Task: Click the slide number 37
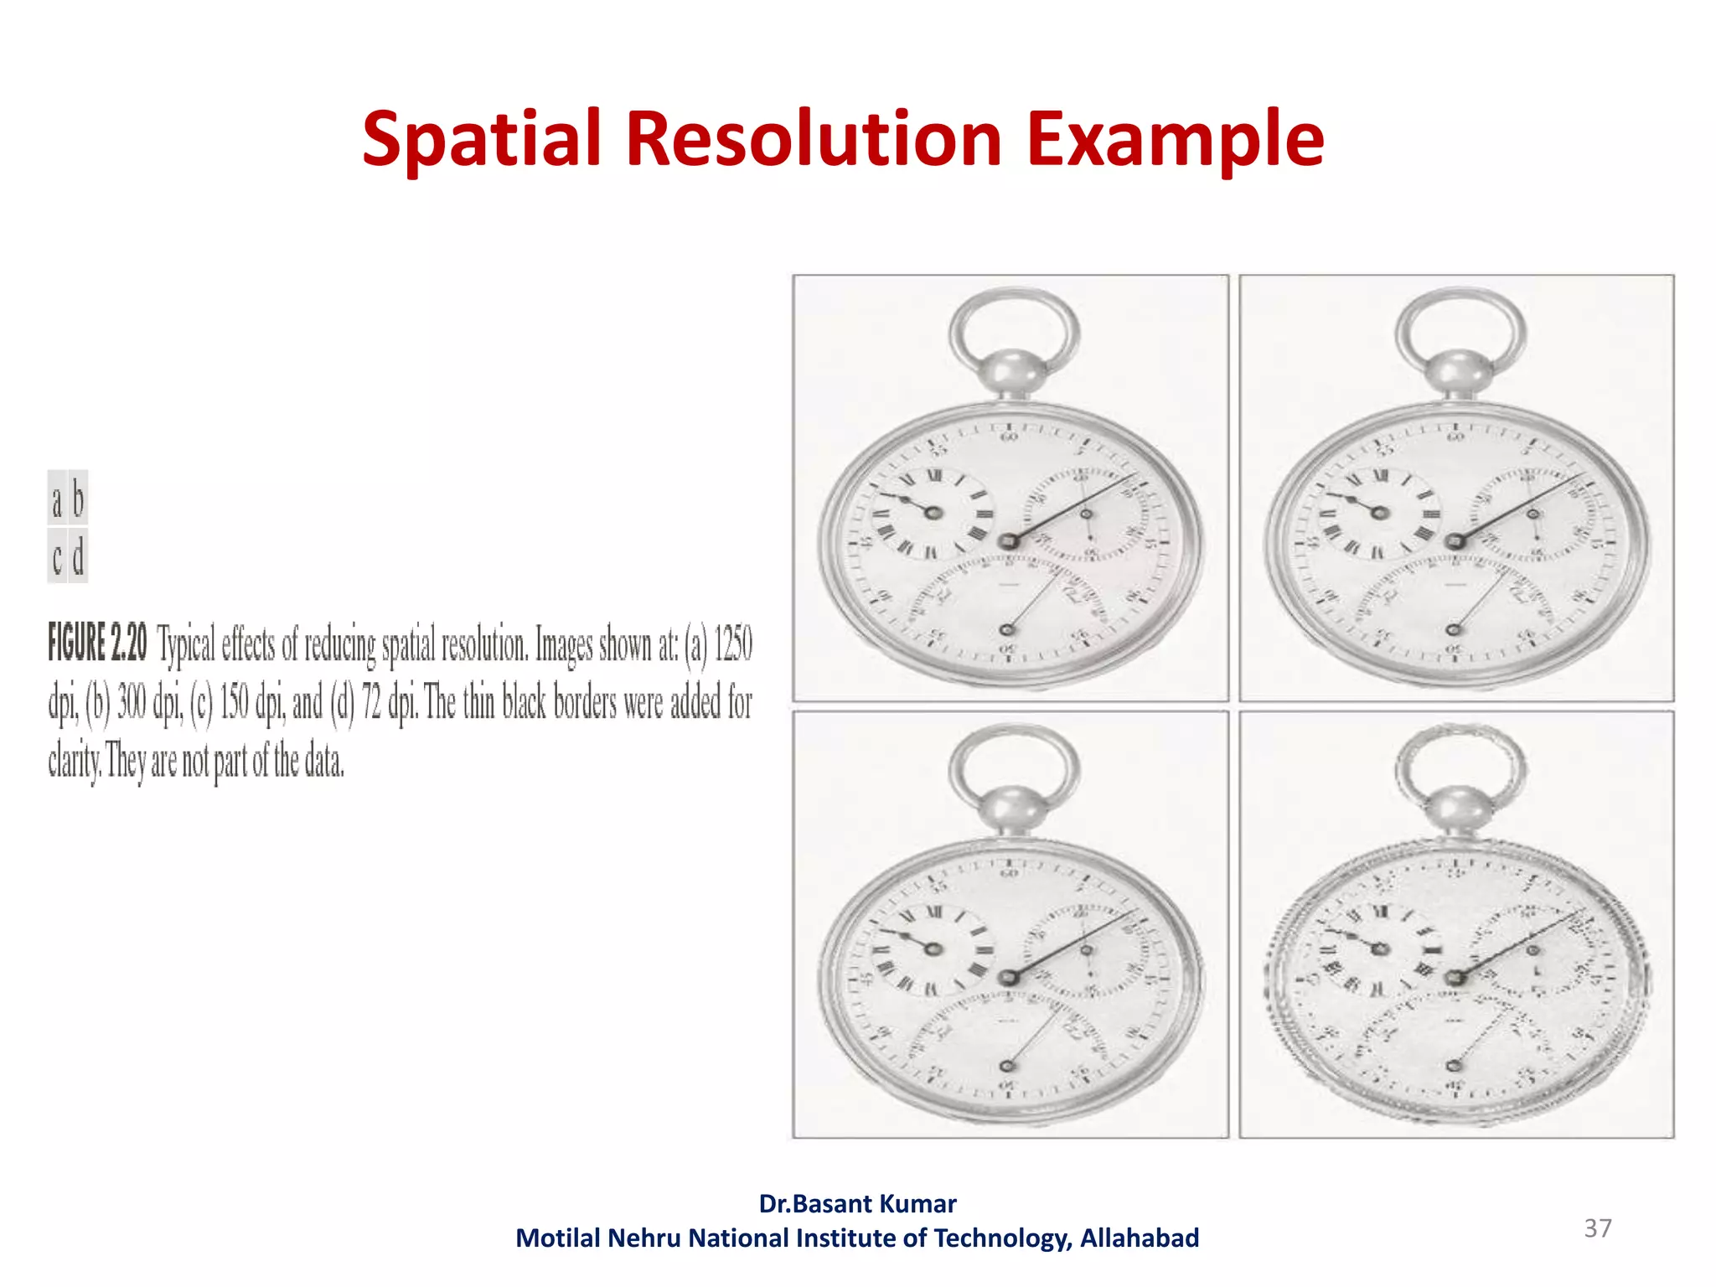[1597, 1228]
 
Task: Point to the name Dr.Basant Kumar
[857, 1204]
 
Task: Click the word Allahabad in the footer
[1139, 1238]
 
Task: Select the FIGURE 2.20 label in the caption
[97, 643]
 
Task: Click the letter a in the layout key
[57, 500]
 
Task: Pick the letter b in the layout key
[78, 500]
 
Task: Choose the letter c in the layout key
[57, 556]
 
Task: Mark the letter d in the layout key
[78, 556]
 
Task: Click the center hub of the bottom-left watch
[1009, 977]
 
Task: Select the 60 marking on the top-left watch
[1009, 437]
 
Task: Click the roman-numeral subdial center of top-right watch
[1379, 512]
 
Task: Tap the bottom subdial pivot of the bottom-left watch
[1008, 1066]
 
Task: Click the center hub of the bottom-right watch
[1455, 977]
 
